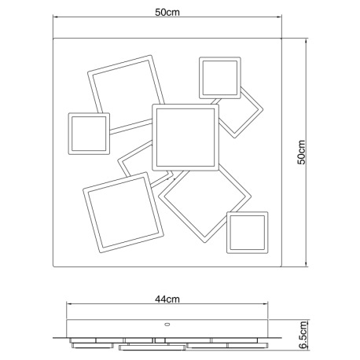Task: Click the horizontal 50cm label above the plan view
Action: click(x=167, y=12)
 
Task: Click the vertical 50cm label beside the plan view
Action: click(x=301, y=152)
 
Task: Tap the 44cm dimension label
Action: click(x=167, y=299)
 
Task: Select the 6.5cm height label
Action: click(x=303, y=335)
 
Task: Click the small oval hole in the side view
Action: click(x=167, y=325)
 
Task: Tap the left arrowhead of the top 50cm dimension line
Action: click(x=55, y=17)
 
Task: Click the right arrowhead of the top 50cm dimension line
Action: click(x=279, y=17)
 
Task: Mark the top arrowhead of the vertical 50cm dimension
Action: click(x=306, y=41)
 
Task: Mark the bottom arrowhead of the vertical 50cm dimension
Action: click(x=306, y=264)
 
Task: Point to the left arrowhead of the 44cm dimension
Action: click(x=69, y=304)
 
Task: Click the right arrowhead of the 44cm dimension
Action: click(x=266, y=304)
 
